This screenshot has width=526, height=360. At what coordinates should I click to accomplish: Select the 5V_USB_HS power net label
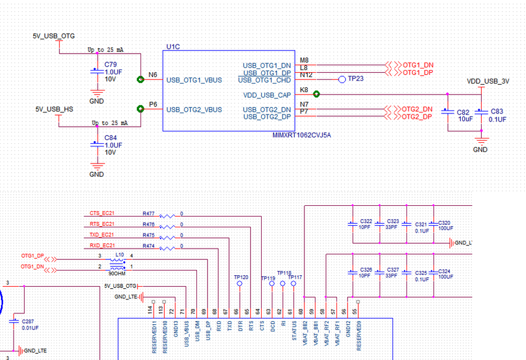(x=54, y=109)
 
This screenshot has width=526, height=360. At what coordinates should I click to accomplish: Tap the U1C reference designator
(x=173, y=47)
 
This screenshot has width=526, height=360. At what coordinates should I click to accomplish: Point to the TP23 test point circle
(x=342, y=79)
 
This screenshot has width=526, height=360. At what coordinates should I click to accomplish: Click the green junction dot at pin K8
(x=316, y=94)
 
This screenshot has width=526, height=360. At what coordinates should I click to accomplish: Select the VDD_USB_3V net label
(x=488, y=82)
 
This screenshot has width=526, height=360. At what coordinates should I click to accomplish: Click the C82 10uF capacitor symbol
(x=447, y=112)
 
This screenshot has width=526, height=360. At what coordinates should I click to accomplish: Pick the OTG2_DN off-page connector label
(x=417, y=109)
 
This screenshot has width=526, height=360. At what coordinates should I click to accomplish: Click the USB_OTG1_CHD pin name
(x=264, y=80)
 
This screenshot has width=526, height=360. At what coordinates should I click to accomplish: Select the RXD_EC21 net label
(x=102, y=246)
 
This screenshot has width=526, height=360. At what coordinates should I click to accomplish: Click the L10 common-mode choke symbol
(x=116, y=263)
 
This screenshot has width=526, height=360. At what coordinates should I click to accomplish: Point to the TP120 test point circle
(x=240, y=284)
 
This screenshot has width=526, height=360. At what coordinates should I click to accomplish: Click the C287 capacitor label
(x=28, y=321)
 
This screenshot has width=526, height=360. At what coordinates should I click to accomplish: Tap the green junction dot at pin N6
(x=140, y=79)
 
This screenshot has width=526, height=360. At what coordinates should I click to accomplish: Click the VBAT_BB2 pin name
(x=305, y=334)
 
